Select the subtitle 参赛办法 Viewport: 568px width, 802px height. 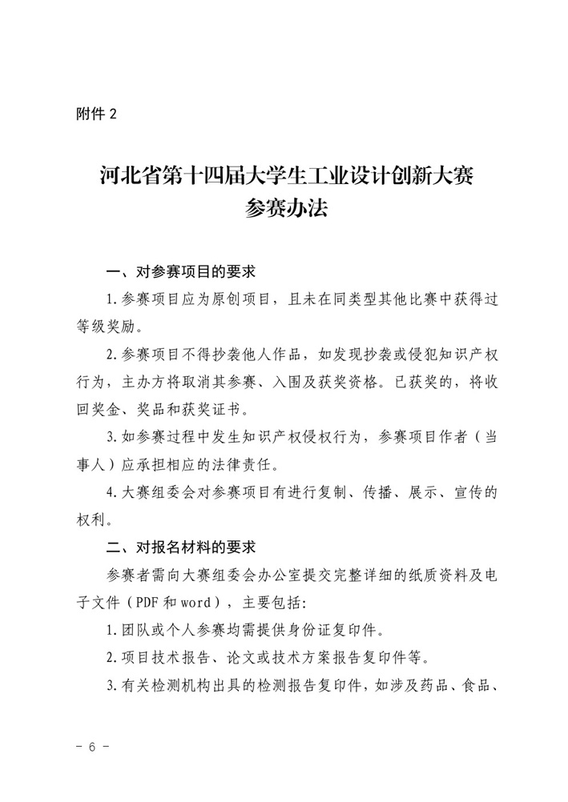[x=284, y=211]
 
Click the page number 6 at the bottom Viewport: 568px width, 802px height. [x=92, y=747]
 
